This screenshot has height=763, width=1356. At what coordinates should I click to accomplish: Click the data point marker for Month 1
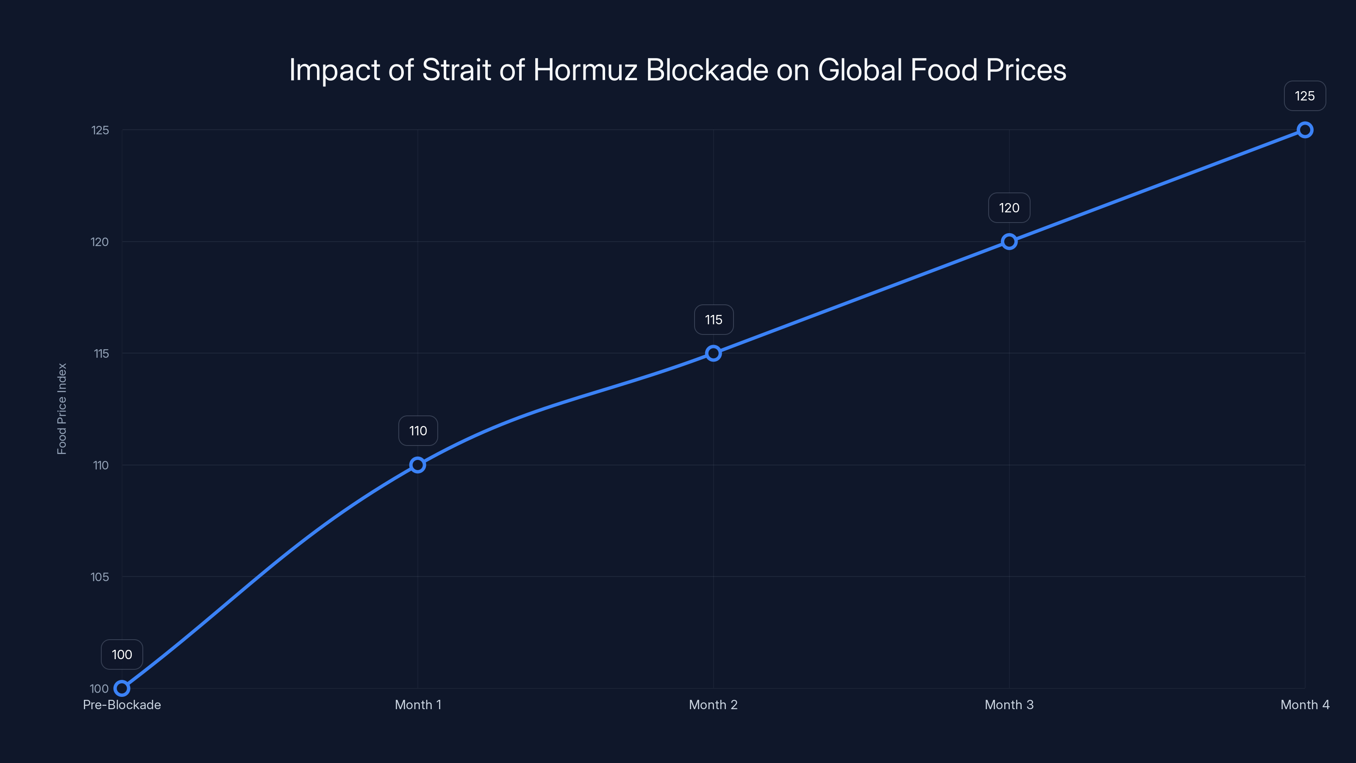(x=417, y=465)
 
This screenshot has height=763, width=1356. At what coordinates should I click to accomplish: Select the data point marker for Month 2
(x=713, y=354)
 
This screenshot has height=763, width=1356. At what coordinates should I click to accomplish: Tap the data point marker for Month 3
(x=1009, y=242)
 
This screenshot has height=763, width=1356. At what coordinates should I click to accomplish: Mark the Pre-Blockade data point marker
(x=122, y=688)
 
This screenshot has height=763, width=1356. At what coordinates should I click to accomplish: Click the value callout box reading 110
(x=418, y=431)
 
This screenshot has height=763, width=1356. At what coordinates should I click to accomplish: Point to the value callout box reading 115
(x=714, y=320)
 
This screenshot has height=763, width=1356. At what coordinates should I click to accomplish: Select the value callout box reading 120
(x=1009, y=208)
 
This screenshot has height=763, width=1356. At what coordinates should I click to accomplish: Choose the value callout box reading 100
(x=122, y=654)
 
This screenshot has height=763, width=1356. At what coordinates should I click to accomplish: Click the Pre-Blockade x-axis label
(x=122, y=705)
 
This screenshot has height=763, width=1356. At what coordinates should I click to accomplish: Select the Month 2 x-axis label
(x=713, y=705)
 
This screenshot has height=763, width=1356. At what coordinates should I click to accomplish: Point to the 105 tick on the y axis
(x=100, y=577)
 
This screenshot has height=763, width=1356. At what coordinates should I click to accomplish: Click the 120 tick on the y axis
(x=100, y=242)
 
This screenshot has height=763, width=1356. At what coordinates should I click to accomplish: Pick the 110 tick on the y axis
(x=100, y=465)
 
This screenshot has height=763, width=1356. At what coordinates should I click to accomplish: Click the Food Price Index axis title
(x=62, y=409)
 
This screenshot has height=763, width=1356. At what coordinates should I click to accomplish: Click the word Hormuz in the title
(x=585, y=70)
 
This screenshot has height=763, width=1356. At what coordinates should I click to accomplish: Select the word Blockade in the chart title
(x=707, y=70)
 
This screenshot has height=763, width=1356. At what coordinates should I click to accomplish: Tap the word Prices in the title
(x=1026, y=70)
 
